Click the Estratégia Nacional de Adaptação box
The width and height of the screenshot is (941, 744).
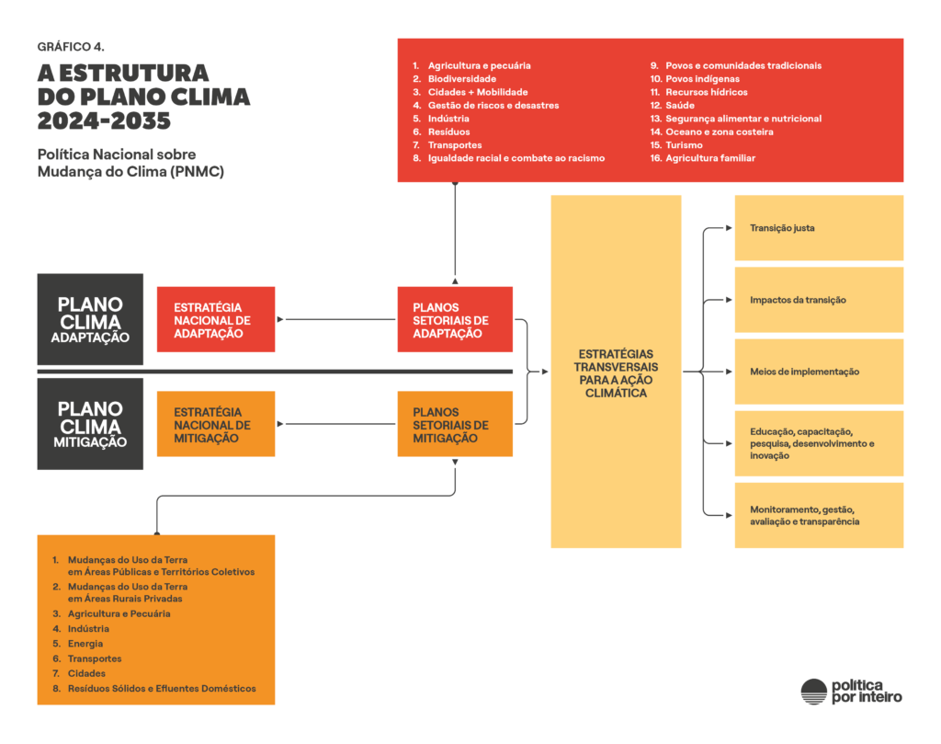click(216, 319)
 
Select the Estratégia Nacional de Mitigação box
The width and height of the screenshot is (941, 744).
click(216, 424)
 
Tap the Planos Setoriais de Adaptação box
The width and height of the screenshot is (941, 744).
click(455, 319)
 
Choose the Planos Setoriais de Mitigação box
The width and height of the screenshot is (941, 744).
click(455, 424)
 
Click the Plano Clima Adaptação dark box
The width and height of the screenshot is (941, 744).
click(90, 319)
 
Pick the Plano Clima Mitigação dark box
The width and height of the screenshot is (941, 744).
click(90, 424)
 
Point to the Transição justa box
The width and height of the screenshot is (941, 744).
click(819, 228)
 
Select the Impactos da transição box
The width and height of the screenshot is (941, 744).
click(819, 300)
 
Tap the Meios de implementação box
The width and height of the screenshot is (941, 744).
click(819, 372)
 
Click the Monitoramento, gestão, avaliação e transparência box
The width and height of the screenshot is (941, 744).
click(819, 515)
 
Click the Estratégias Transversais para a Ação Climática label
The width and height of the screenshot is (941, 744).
click(616, 372)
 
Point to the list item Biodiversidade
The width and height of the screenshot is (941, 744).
click(461, 79)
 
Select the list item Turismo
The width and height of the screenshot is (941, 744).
click(684, 145)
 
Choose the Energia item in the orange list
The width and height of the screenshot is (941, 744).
click(85, 644)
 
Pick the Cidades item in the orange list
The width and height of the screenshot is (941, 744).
click(86, 673)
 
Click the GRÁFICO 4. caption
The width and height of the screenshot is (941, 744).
click(64, 45)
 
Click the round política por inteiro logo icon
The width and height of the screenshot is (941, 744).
click(813, 692)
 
